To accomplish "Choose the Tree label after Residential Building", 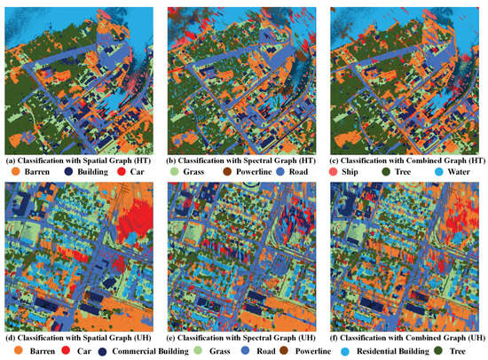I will [467, 351].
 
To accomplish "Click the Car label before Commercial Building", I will [75, 351].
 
